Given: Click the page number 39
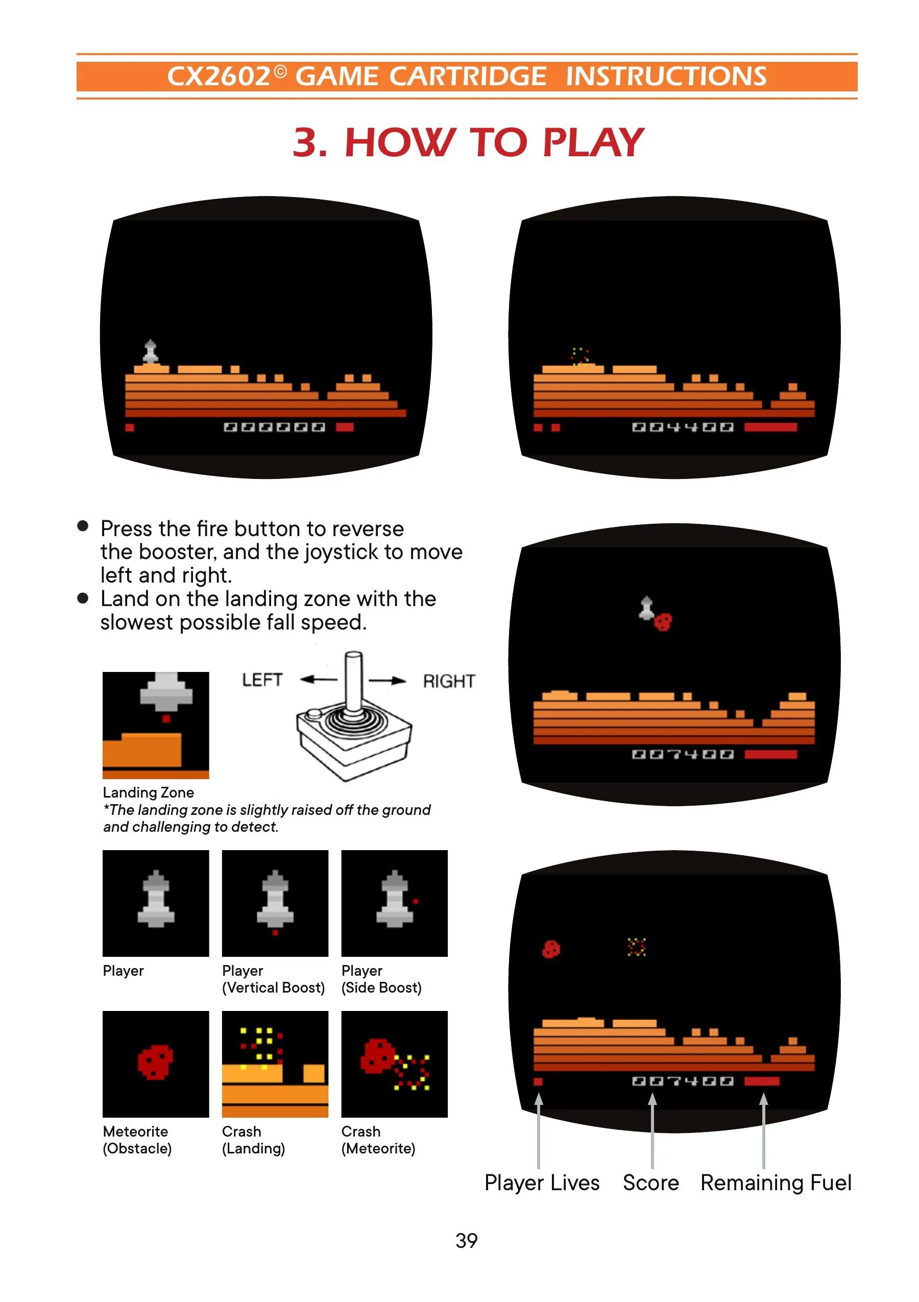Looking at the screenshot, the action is coord(466,1240).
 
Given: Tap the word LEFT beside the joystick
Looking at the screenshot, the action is coord(262,680).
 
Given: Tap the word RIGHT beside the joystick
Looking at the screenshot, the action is coord(448,681).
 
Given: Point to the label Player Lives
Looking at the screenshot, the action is coord(541,1183).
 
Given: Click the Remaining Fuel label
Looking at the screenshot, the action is coord(776,1183).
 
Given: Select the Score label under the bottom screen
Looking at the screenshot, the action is coord(650,1183).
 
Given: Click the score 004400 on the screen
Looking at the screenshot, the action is coord(683,427).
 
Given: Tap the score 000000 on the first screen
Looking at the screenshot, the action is coord(274,427).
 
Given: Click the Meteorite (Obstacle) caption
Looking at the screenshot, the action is coord(137,1140).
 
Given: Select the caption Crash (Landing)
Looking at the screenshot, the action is coord(253,1140).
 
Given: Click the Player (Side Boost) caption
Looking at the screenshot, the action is coord(381,979).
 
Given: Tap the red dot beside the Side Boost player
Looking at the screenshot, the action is coord(416,901).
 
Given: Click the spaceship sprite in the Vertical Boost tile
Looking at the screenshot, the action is coord(275,899).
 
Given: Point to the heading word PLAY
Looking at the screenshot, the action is coord(593,142).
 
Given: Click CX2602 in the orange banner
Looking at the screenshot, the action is coord(219,77).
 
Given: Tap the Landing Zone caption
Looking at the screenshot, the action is coord(148,792).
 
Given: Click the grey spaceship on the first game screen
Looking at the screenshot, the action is coord(150,352).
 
